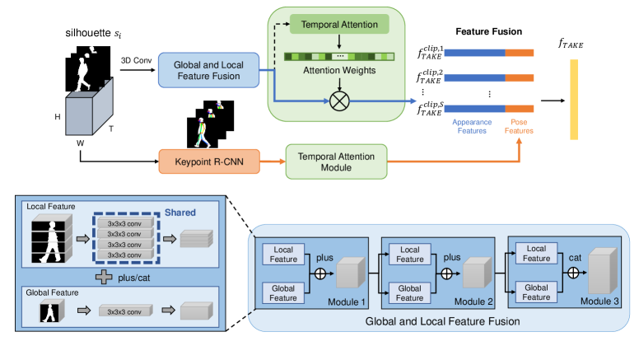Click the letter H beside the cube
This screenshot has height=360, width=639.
(58, 117)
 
